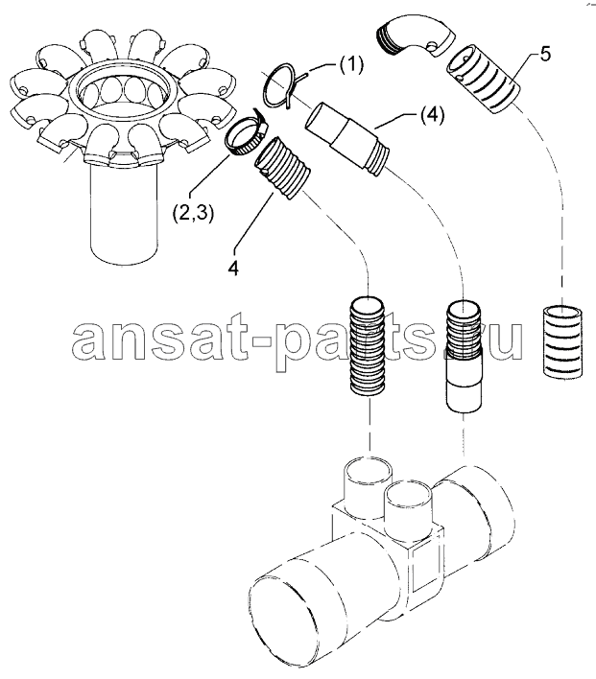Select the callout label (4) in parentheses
tap(430, 116)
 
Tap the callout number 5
tap(545, 55)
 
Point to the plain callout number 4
tap(233, 269)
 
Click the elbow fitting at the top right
tap(416, 35)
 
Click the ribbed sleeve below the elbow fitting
tap(483, 81)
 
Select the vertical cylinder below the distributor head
tap(123, 213)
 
